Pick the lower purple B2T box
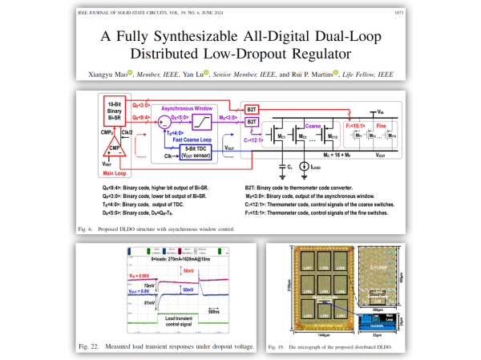(x=252, y=122)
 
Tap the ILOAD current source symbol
(x=303, y=167)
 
